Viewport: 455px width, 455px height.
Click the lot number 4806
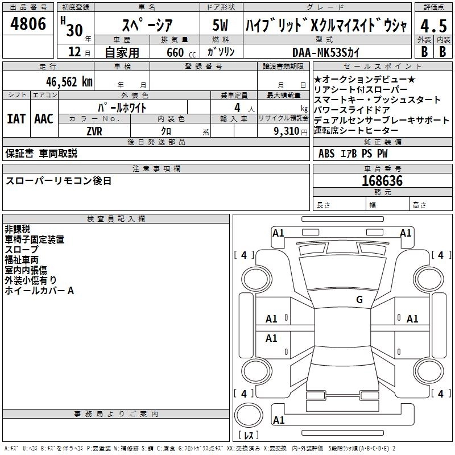click(28, 24)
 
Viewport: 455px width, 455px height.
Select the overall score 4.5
click(433, 26)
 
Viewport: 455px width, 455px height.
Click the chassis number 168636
click(382, 181)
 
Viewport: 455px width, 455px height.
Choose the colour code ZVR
click(94, 130)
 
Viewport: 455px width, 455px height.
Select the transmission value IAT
click(16, 118)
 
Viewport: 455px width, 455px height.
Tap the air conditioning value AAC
click(44, 118)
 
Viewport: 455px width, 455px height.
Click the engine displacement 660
click(175, 52)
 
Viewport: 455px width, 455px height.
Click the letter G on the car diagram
click(359, 300)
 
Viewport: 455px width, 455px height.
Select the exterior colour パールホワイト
click(123, 107)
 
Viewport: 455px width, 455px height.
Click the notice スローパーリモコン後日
click(58, 181)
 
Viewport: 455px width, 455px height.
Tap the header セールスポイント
click(382, 67)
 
